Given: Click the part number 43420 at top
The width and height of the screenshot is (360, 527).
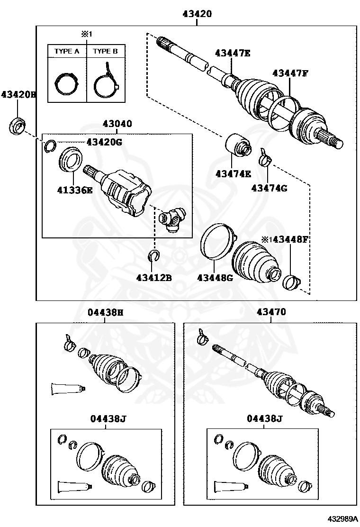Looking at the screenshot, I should pyautogui.click(x=197, y=14).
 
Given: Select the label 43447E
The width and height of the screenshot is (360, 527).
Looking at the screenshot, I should pyautogui.click(x=232, y=53).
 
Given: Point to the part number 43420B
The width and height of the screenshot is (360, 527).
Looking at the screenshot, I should pyautogui.click(x=18, y=94).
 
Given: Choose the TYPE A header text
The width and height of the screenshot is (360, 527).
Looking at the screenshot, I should pyautogui.click(x=67, y=51).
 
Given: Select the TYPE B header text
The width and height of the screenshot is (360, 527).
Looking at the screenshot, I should pyautogui.click(x=105, y=51).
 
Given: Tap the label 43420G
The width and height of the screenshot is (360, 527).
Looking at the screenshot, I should pyautogui.click(x=104, y=142).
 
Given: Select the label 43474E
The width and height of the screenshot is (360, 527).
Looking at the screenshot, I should pyautogui.click(x=233, y=174).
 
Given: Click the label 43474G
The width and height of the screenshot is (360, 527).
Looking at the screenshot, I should pyautogui.click(x=269, y=188).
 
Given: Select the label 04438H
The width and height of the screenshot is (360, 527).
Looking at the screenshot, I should pyautogui.click(x=105, y=312).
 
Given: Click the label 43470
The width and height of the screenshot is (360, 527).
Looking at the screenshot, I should pyautogui.click(x=271, y=312).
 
